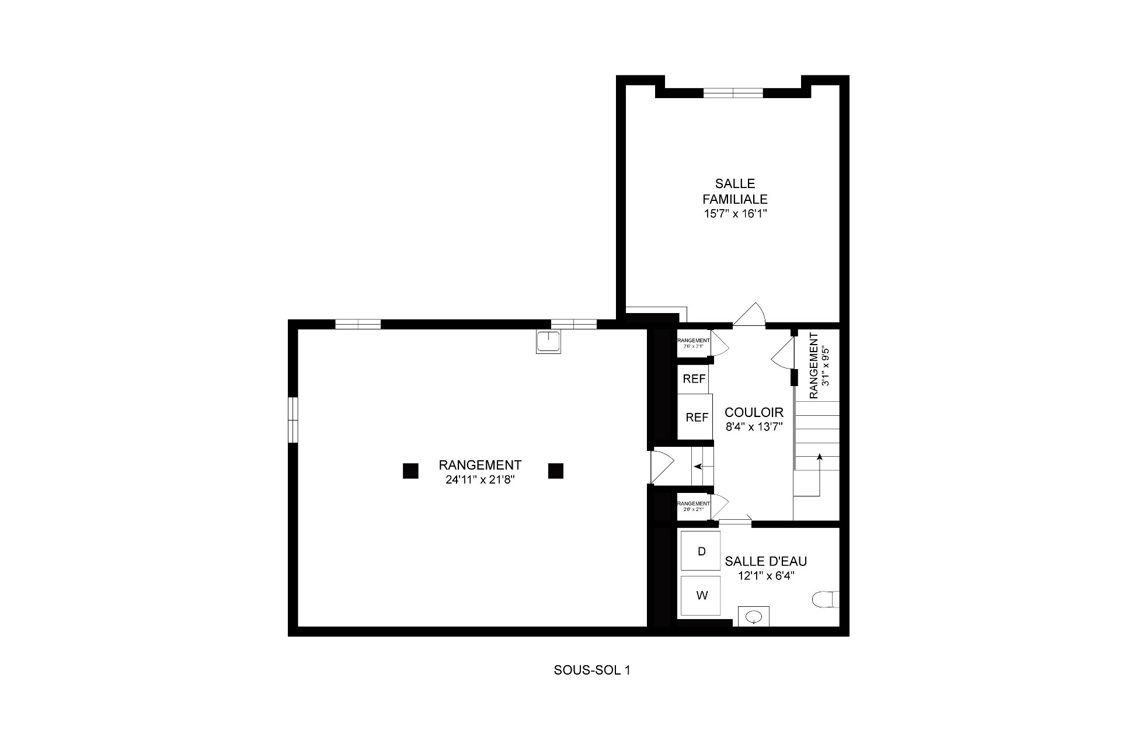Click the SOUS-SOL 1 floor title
click(x=591, y=670)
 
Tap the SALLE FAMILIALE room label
click(x=734, y=191)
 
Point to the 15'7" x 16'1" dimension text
click(x=734, y=214)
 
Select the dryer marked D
click(x=701, y=551)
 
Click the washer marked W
click(x=701, y=596)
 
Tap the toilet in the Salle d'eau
click(x=826, y=600)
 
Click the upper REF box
click(x=694, y=379)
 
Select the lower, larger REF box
click(x=696, y=417)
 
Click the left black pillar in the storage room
click(x=410, y=471)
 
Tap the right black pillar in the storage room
click(x=555, y=471)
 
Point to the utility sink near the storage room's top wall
click(x=549, y=342)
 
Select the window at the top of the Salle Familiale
click(x=733, y=92)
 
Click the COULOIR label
click(x=754, y=413)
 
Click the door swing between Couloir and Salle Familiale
click(x=750, y=315)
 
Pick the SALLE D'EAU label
click(x=765, y=561)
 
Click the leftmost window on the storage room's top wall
click(x=358, y=324)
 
